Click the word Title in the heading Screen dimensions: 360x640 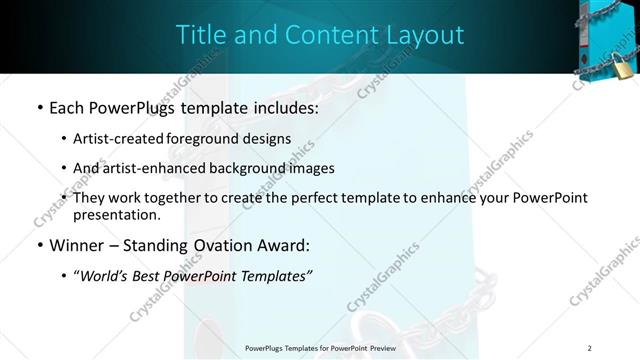[x=203, y=35]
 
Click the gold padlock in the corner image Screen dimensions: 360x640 [x=622, y=66]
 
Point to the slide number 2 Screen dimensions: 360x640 [x=590, y=348]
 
